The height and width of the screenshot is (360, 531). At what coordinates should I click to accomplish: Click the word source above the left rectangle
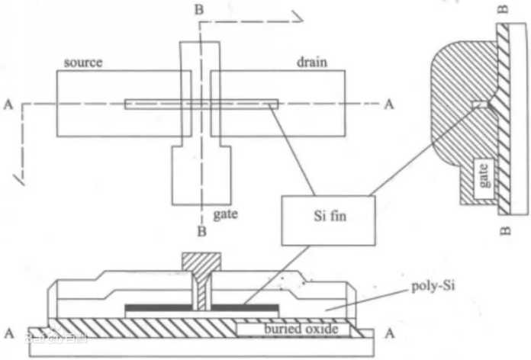pyautogui.click(x=83, y=63)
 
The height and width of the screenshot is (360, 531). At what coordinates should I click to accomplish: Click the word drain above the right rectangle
pyautogui.click(x=312, y=62)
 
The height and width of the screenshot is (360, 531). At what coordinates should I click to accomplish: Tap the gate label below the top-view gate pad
pyautogui.click(x=226, y=215)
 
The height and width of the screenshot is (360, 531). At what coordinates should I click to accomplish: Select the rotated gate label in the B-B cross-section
pyautogui.click(x=484, y=175)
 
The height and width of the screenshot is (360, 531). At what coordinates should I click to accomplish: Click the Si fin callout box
pyautogui.click(x=328, y=220)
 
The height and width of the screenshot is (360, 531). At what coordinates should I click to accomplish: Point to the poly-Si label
pyautogui.click(x=433, y=287)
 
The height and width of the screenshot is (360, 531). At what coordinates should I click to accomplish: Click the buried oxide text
pyautogui.click(x=301, y=329)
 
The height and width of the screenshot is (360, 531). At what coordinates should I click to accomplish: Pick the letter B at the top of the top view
pyautogui.click(x=199, y=9)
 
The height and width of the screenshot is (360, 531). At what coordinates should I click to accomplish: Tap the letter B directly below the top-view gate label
pyautogui.click(x=201, y=231)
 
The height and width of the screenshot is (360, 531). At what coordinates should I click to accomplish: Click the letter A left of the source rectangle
pyautogui.click(x=8, y=104)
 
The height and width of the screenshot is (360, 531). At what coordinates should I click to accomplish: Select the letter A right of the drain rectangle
pyautogui.click(x=389, y=104)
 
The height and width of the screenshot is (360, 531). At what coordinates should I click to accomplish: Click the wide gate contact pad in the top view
pyautogui.click(x=201, y=175)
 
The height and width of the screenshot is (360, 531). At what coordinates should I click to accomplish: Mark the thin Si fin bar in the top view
pyautogui.click(x=201, y=104)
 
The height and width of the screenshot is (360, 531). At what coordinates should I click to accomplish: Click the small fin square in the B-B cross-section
pyautogui.click(x=480, y=104)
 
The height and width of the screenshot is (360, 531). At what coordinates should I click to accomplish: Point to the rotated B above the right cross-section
pyautogui.click(x=504, y=8)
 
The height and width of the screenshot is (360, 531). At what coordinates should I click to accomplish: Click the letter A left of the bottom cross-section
pyautogui.click(x=9, y=333)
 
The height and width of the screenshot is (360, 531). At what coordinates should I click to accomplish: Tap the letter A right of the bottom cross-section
pyautogui.click(x=390, y=334)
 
